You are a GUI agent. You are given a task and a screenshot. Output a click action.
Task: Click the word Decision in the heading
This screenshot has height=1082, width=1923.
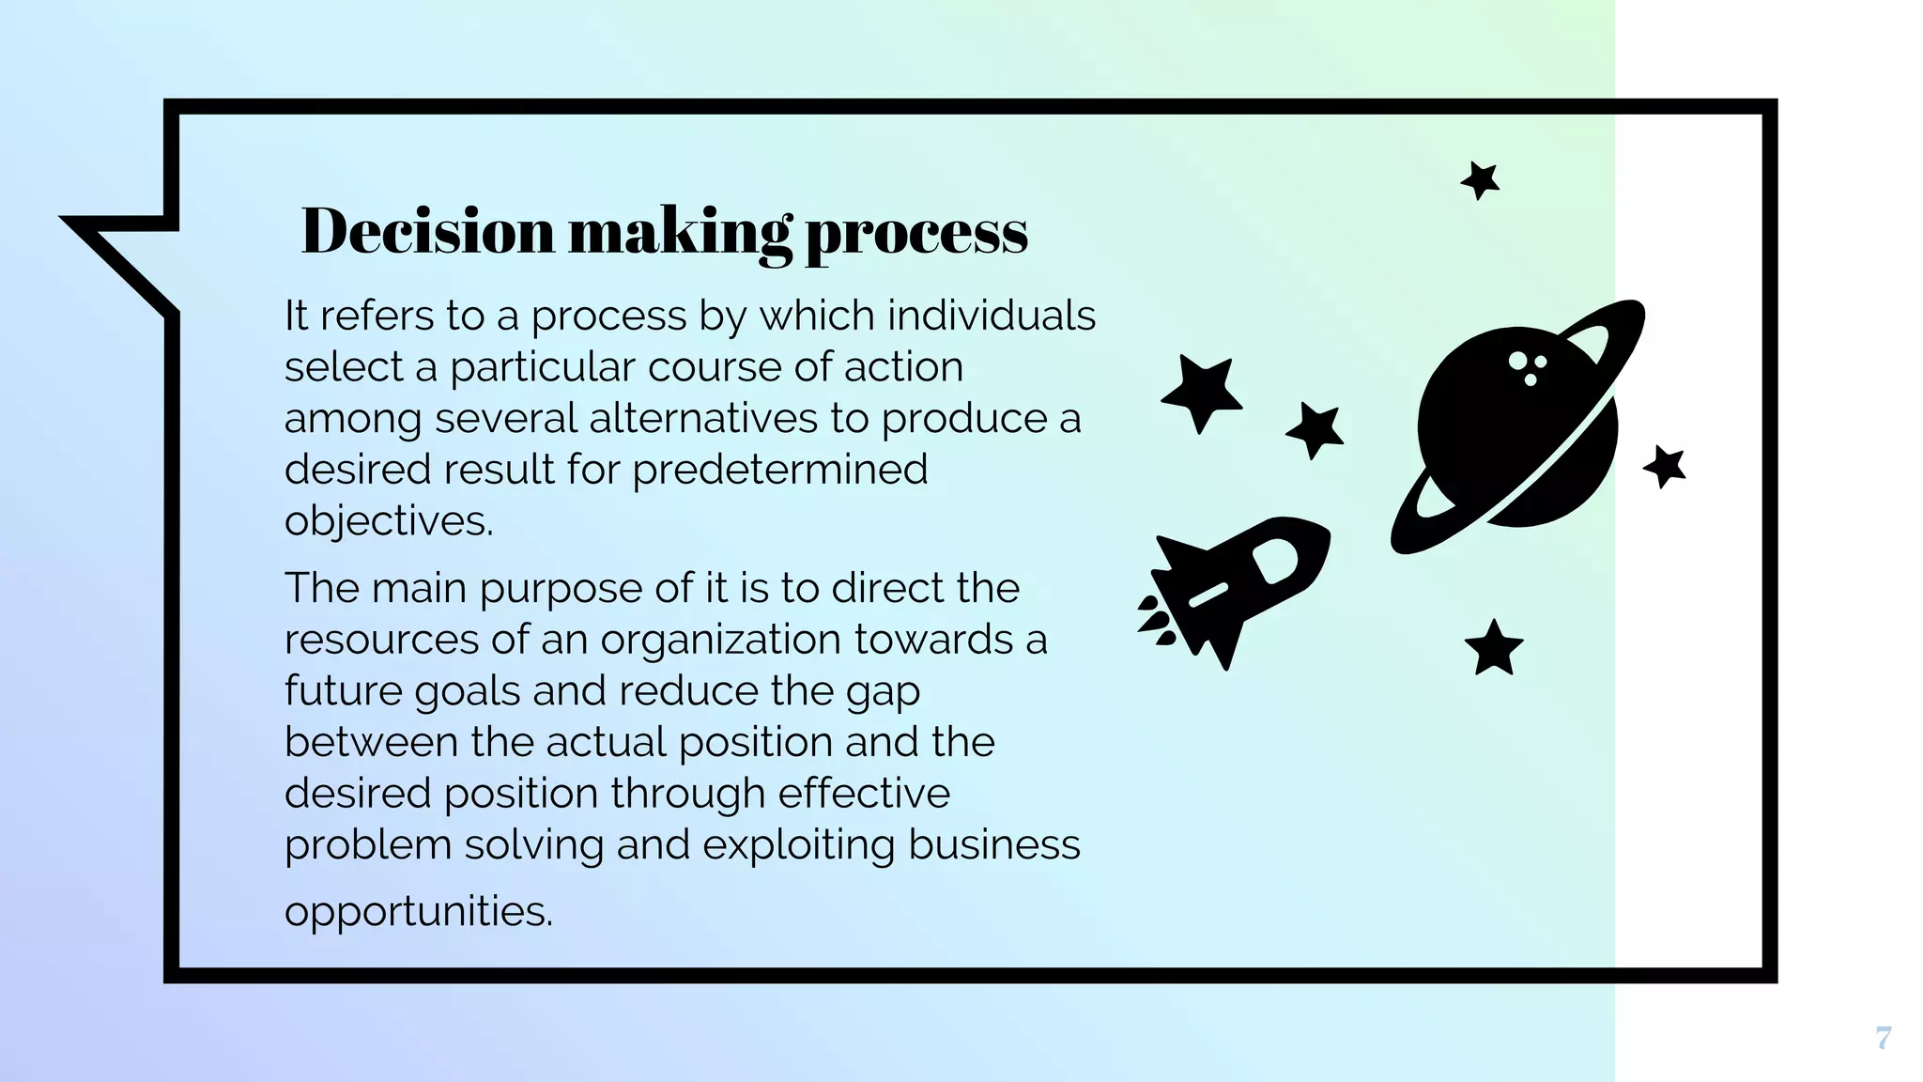[x=428, y=231]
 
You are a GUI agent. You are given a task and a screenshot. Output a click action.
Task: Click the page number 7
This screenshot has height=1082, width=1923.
[x=1883, y=1038]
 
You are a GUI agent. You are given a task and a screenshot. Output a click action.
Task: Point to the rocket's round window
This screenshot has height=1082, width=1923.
[x=1275, y=561]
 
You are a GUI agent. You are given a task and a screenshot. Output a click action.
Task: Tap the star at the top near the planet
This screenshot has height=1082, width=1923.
[x=1481, y=179]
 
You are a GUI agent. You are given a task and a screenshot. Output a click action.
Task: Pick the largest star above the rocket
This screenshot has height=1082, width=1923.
[x=1202, y=392]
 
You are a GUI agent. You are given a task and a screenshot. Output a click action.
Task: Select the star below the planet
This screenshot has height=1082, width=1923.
[x=1493, y=649]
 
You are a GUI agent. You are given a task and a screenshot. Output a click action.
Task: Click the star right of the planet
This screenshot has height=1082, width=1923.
[x=1665, y=467]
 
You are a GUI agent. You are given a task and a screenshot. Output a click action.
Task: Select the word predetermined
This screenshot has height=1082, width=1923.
[x=780, y=470]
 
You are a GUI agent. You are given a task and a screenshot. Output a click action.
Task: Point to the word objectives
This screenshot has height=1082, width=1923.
[x=389, y=521]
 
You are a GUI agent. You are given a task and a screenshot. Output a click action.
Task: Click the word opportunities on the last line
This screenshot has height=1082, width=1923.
[x=419, y=911]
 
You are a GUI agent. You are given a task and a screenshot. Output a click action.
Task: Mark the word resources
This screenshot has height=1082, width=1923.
[x=380, y=640]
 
